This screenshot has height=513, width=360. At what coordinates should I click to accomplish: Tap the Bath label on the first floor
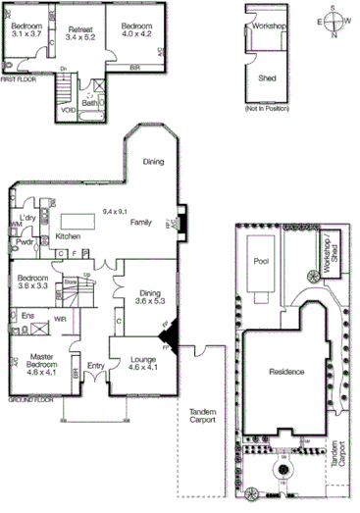(89, 103)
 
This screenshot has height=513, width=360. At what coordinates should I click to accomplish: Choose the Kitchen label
(68, 236)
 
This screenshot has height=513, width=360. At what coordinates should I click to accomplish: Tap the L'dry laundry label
(28, 218)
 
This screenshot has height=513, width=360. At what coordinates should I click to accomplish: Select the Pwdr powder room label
(26, 241)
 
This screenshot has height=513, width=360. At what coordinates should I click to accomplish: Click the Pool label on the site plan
(261, 262)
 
